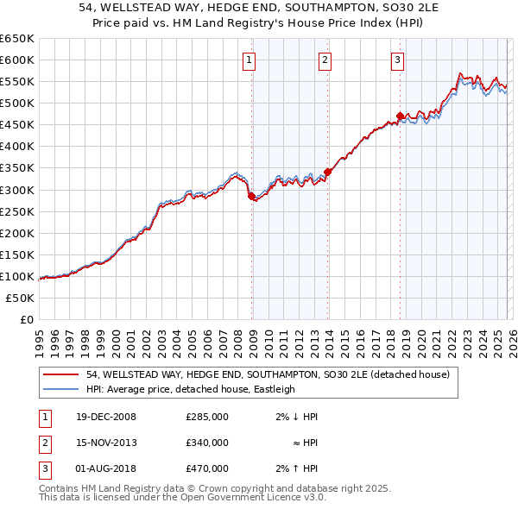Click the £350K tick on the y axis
tap(16, 168)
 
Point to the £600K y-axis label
tap(16, 60)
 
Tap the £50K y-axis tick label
tap(20, 298)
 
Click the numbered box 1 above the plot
tap(249, 60)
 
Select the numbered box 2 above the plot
tap(325, 60)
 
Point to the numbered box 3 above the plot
tap(397, 60)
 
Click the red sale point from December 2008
tap(251, 196)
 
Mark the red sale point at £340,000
tap(327, 172)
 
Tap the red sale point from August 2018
tap(399, 116)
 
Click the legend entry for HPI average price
tap(191, 389)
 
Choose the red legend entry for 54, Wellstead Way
tap(268, 375)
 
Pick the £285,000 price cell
tap(206, 417)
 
